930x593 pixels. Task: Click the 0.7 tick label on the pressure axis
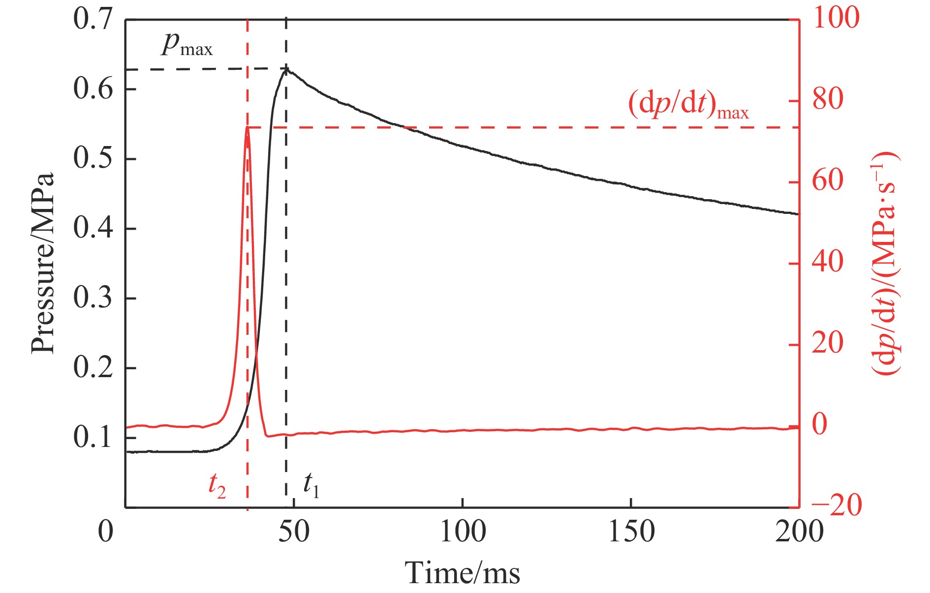93,20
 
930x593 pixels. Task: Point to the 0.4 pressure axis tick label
93,228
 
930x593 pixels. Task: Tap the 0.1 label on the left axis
93,437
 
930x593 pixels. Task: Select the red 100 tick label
836,19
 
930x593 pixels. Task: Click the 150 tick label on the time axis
631,532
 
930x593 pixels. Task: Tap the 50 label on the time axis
294,532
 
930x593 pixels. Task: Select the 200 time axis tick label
799,532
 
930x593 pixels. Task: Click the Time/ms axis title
462,573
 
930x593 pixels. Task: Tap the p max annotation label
186,46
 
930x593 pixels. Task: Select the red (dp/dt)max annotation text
688,104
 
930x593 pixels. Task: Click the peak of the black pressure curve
287,69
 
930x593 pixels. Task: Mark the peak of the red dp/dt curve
248,128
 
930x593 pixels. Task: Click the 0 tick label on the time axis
106,532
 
